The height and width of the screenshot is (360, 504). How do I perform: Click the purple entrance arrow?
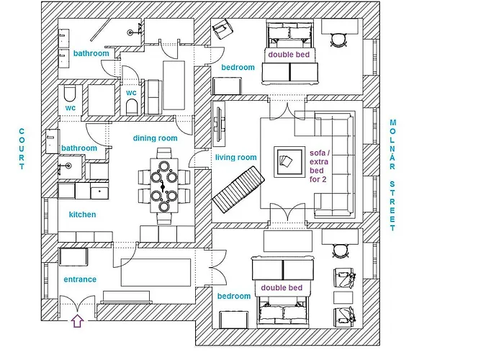78,321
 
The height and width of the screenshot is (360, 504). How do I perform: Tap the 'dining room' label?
156,138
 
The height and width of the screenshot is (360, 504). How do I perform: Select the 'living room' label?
236,158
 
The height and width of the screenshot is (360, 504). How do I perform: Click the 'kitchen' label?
82,215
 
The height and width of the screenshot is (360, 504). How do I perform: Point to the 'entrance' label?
80,279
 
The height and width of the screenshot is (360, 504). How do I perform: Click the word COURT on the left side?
22,149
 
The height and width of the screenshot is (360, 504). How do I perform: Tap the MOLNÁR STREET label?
392,175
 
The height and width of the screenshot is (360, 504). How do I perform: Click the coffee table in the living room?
289,162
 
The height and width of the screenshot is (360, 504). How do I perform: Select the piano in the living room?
238,189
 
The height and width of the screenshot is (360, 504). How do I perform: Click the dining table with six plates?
164,185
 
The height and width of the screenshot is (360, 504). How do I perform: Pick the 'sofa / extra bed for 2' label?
319,166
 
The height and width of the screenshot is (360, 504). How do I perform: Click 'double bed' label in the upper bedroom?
289,55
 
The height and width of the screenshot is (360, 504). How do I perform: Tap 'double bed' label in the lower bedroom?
282,288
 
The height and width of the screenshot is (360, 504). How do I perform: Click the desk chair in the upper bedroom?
339,40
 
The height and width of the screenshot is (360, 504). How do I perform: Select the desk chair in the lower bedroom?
340,251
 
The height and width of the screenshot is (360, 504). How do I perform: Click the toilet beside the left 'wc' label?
70,93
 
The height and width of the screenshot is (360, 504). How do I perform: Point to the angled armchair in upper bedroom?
222,30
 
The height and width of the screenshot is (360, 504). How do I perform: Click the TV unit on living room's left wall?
219,124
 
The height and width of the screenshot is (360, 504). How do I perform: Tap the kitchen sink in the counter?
99,191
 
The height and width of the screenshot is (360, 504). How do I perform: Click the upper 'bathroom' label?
91,53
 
